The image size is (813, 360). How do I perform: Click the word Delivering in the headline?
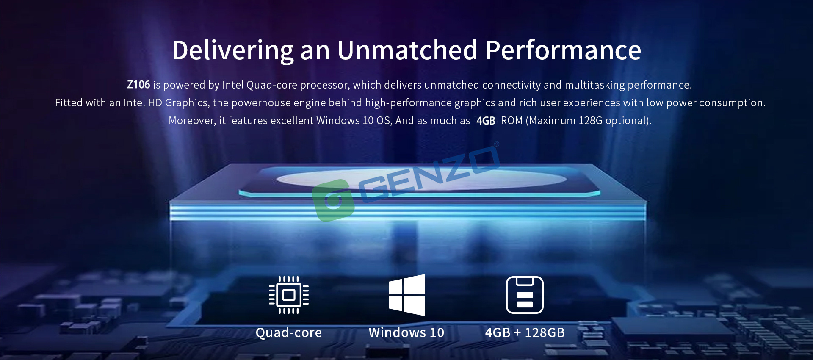(233, 51)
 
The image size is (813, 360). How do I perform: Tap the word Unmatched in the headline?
(407, 50)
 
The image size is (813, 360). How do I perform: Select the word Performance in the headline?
(563, 50)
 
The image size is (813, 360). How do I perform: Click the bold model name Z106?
(138, 85)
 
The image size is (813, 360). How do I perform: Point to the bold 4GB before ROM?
(486, 121)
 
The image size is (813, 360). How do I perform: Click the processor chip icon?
(289, 295)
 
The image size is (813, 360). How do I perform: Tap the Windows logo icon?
(406, 295)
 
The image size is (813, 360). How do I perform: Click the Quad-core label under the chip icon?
(289, 333)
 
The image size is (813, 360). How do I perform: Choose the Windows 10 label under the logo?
(406, 332)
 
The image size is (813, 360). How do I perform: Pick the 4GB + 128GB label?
(525, 332)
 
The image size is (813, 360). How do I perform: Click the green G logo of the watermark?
(334, 200)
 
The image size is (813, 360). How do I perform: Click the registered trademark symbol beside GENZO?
(497, 144)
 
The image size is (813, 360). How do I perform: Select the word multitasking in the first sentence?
(595, 85)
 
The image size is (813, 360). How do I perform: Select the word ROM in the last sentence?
(512, 121)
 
